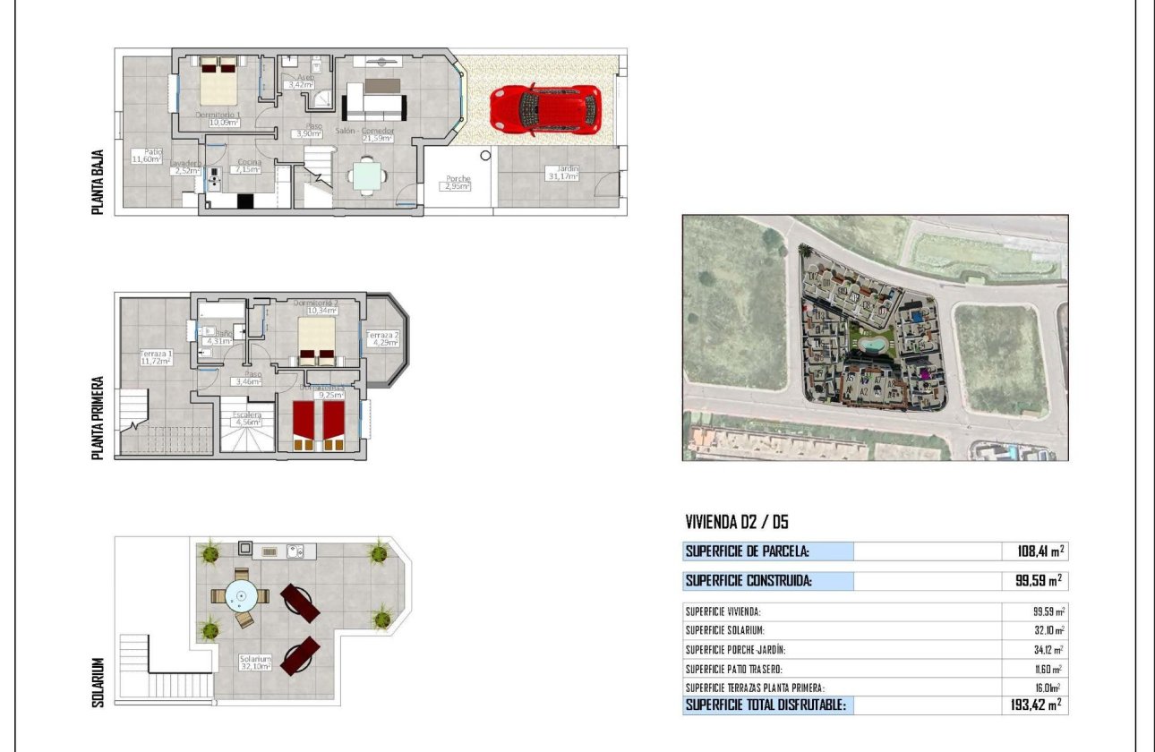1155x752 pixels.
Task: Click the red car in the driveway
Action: click(544, 110)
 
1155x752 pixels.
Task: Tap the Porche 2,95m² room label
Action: click(458, 183)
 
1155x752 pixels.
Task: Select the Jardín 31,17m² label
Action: click(564, 173)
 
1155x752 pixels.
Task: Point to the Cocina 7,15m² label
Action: click(248, 166)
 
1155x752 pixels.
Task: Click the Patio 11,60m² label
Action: click(146, 156)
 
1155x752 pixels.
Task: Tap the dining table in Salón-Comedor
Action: click(369, 175)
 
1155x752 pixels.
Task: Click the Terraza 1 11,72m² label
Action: click(155, 357)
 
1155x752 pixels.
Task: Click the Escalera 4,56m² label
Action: click(247, 419)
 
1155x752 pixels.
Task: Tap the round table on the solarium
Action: click(240, 594)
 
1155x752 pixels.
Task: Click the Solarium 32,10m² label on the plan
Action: click(255, 662)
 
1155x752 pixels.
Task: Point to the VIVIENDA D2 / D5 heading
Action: click(736, 523)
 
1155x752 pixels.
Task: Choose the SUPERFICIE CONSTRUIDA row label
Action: click(749, 581)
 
